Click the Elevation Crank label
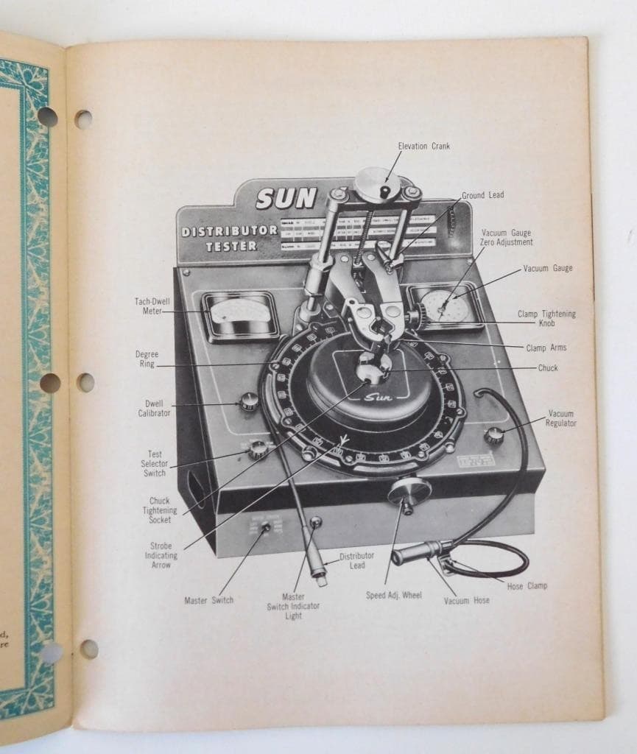(x=423, y=146)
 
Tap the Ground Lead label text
(x=482, y=195)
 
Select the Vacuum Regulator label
(x=561, y=418)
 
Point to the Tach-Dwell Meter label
(x=148, y=306)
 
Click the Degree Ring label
(x=147, y=359)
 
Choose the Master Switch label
(x=208, y=600)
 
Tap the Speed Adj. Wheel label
(x=394, y=595)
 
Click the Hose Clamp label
(x=527, y=586)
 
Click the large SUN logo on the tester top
(x=286, y=198)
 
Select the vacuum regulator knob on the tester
(x=493, y=434)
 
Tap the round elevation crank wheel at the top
(x=377, y=184)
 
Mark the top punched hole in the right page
(x=83, y=119)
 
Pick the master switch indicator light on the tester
(x=316, y=522)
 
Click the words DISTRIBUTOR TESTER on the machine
(x=230, y=238)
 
